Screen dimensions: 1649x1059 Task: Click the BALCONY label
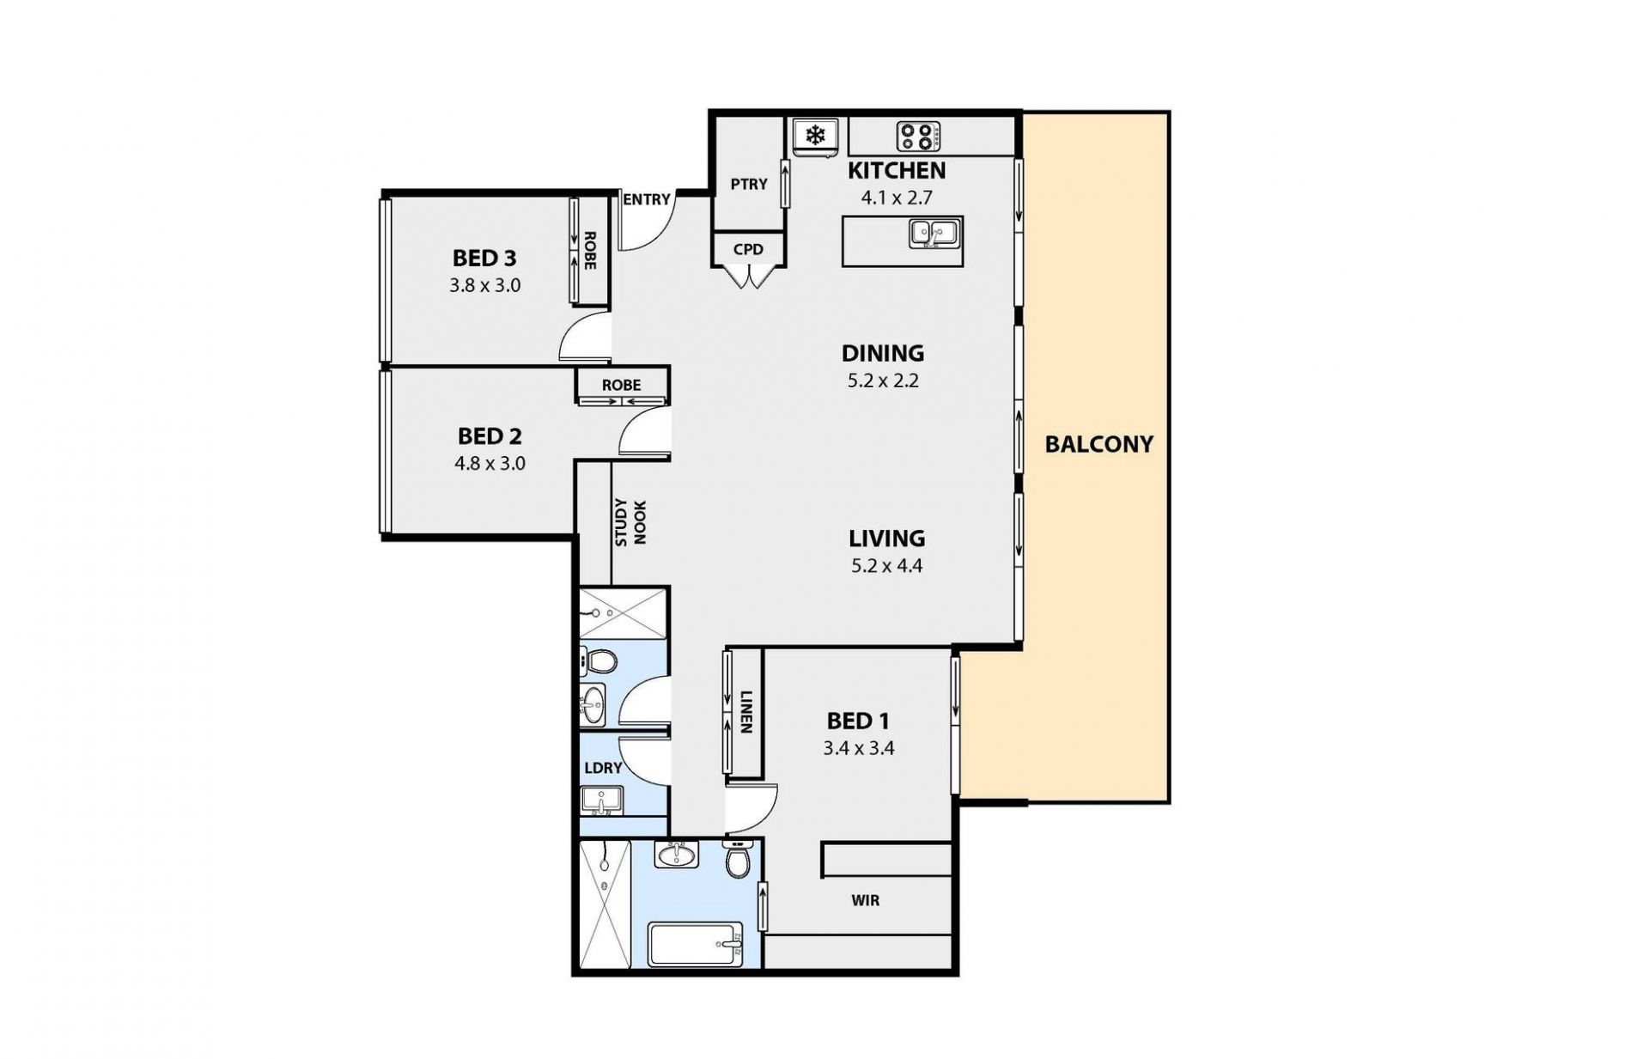(x=1098, y=444)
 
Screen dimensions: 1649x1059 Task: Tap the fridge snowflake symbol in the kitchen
(x=814, y=135)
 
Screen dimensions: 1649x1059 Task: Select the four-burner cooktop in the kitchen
(x=918, y=136)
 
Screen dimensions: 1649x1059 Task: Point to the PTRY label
(x=748, y=184)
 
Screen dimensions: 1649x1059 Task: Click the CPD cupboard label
(x=748, y=250)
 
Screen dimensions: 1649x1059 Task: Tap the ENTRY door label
(x=646, y=199)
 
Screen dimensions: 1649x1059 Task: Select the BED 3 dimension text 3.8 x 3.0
(x=485, y=285)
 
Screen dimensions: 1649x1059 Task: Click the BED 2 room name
(x=490, y=436)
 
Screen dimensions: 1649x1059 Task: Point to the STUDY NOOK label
(x=630, y=522)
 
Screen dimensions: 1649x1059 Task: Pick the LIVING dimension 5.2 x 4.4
(x=886, y=566)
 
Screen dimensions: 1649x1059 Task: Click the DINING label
(x=883, y=353)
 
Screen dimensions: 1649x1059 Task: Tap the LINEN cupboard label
(x=745, y=712)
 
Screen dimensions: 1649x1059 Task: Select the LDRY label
(x=603, y=768)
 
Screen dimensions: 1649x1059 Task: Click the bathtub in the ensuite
(x=696, y=945)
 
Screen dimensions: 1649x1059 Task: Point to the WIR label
(x=865, y=901)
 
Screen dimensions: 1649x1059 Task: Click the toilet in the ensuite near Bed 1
(x=738, y=859)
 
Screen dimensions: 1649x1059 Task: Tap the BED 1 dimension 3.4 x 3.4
(x=859, y=749)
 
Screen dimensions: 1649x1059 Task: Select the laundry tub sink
(x=602, y=800)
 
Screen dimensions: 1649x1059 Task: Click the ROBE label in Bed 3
(x=590, y=251)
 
